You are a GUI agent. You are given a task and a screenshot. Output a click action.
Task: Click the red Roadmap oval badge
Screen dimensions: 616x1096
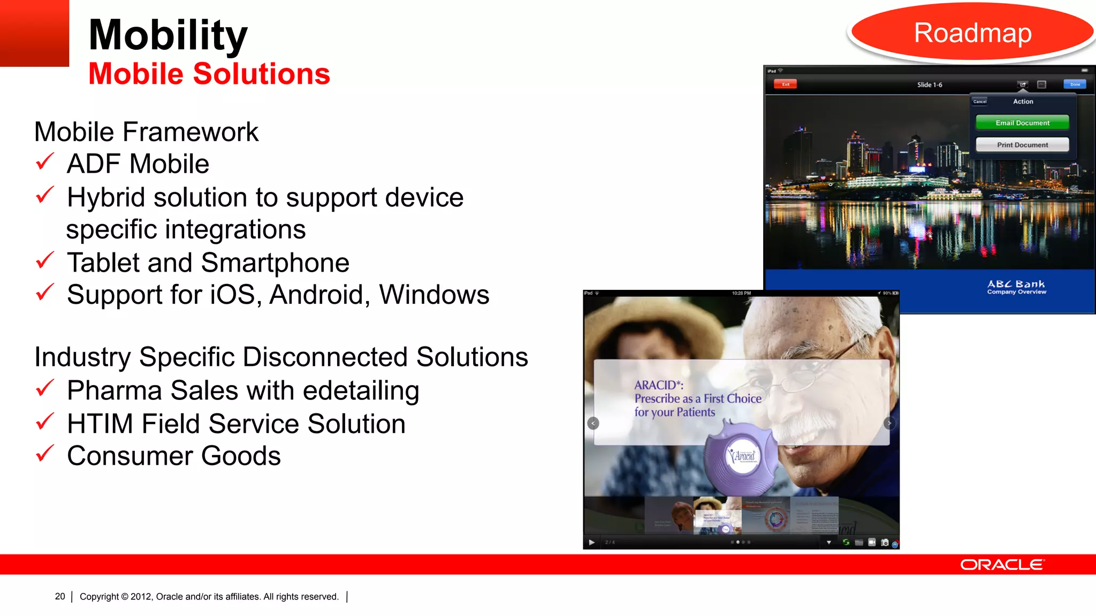click(x=972, y=33)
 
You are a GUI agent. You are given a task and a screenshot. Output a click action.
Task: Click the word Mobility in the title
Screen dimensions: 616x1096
click(x=168, y=35)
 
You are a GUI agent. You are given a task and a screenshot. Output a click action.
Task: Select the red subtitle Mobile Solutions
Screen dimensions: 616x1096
click(x=209, y=74)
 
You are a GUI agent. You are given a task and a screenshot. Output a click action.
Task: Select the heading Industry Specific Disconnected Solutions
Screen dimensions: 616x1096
click(x=281, y=357)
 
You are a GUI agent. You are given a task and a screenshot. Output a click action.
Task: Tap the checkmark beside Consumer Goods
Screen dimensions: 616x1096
click(x=45, y=453)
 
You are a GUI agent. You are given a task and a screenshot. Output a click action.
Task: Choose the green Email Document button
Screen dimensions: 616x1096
click(x=1022, y=123)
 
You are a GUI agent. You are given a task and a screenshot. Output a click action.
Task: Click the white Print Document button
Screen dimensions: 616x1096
click(x=1022, y=145)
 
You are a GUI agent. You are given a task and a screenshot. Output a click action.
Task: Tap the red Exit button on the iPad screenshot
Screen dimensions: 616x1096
click(x=785, y=84)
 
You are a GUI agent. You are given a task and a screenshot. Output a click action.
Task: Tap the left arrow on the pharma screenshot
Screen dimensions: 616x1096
click(x=593, y=423)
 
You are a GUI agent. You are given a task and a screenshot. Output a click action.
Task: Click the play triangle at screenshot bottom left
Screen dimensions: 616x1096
click(x=591, y=542)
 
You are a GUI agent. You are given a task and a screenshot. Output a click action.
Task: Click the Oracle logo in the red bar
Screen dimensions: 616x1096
click(x=1001, y=565)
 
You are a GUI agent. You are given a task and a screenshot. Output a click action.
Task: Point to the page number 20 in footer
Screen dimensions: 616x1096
click(x=60, y=596)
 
